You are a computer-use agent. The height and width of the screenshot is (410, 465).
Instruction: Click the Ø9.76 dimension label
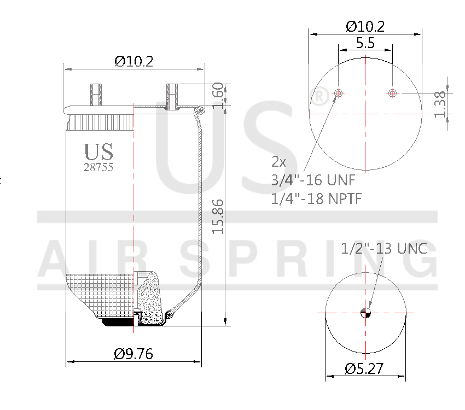tap(133, 354)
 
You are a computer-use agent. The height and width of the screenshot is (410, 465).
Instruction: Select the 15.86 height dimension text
tap(218, 216)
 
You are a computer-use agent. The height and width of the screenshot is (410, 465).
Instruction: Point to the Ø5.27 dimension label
tap(364, 369)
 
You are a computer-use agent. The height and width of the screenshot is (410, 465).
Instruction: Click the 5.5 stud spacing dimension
tap(365, 43)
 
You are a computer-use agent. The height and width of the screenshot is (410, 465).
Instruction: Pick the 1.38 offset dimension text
tap(440, 104)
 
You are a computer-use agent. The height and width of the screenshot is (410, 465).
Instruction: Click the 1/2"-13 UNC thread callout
tap(383, 248)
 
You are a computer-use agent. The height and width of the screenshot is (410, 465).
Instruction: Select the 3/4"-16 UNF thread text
tap(313, 180)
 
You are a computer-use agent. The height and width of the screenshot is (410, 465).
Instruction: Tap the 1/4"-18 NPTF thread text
tap(316, 198)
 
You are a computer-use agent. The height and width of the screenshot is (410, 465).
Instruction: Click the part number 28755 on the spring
tap(98, 167)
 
